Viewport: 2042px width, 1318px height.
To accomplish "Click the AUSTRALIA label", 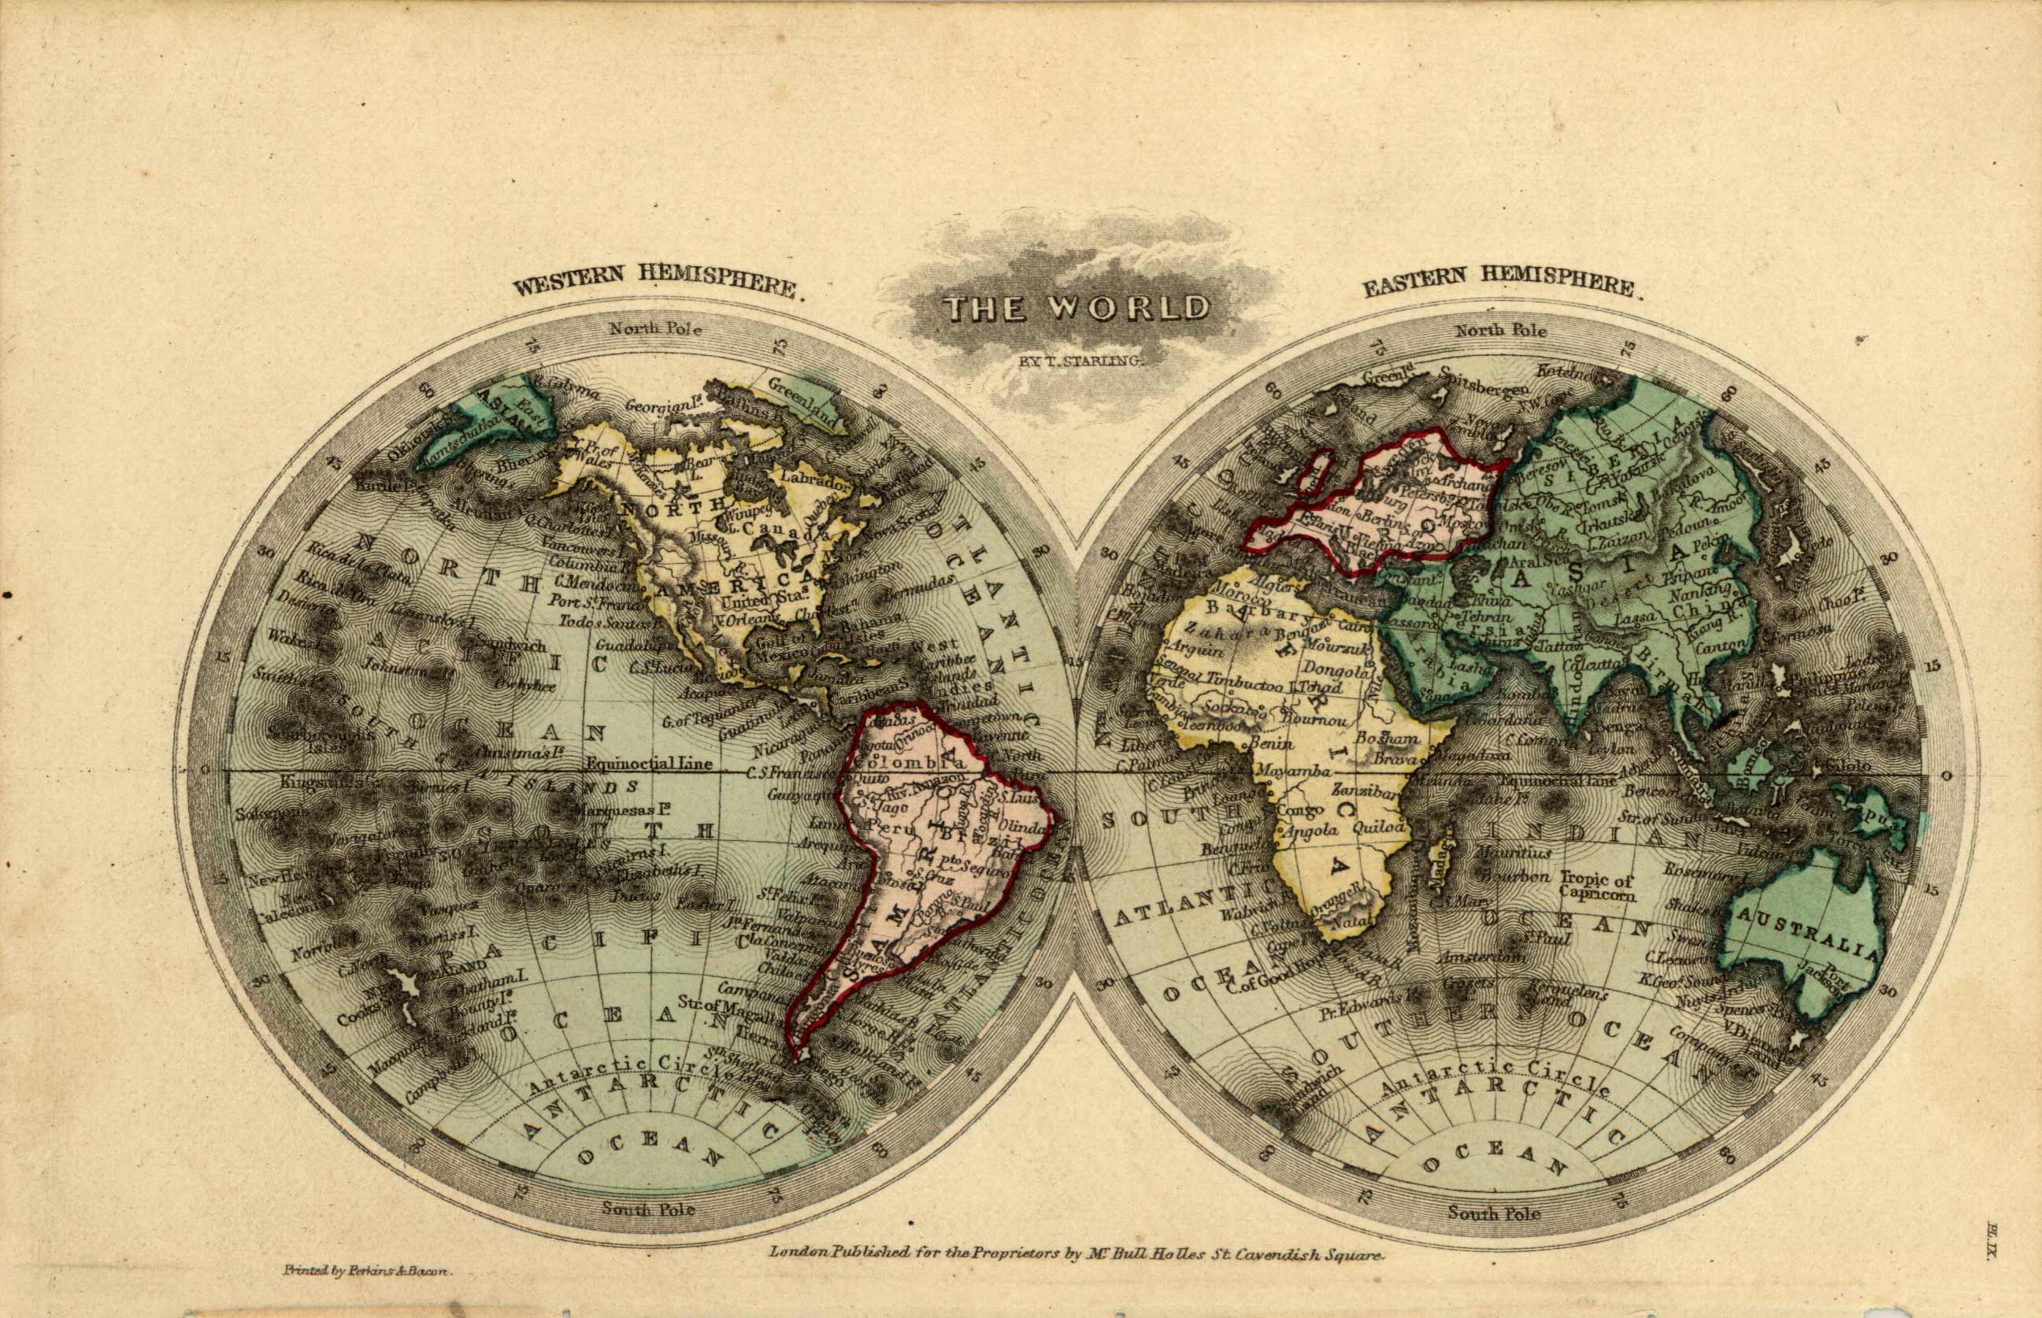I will tap(1806, 937).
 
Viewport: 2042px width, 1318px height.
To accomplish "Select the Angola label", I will tap(1309, 830).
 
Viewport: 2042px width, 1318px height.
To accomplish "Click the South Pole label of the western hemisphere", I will tap(648, 1209).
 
